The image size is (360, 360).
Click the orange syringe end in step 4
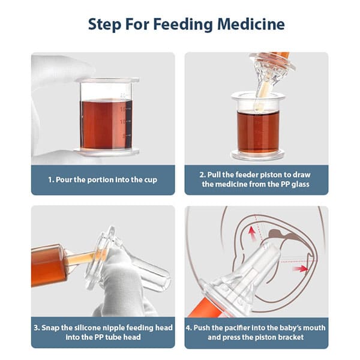point(198,309)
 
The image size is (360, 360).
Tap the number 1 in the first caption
point(50,179)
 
